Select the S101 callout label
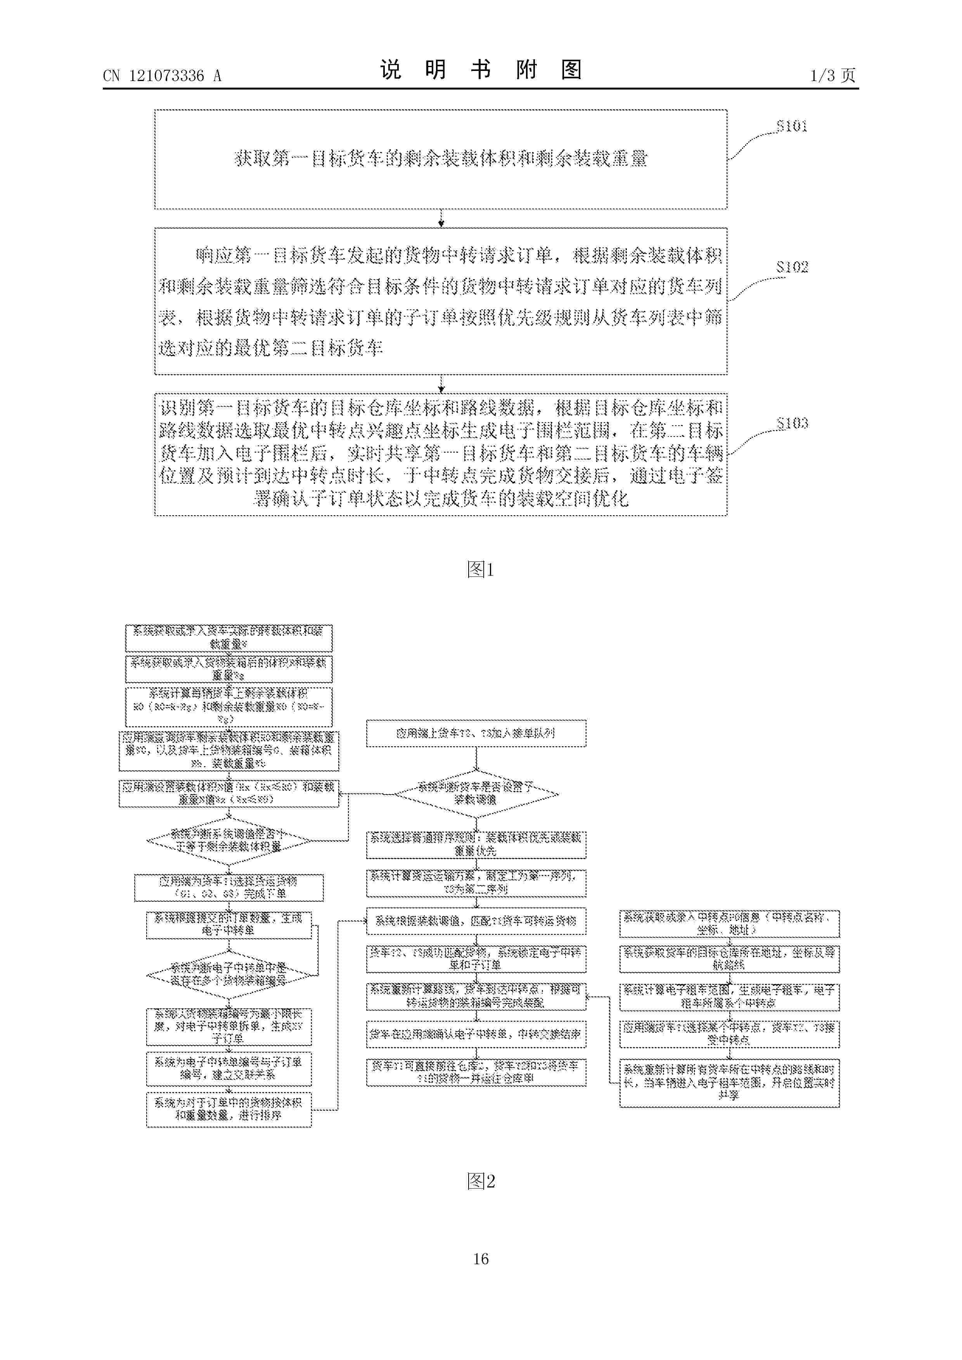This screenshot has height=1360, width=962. click(x=792, y=126)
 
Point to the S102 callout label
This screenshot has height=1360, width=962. click(x=792, y=267)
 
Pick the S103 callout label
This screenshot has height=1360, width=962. click(x=792, y=423)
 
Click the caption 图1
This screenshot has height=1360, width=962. click(x=481, y=570)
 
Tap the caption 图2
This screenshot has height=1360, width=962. click(x=481, y=1182)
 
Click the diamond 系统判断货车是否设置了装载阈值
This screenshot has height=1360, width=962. click(x=476, y=793)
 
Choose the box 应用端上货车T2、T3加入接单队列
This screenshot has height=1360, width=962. click(x=476, y=734)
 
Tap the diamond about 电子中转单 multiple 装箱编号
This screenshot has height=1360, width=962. click(x=229, y=974)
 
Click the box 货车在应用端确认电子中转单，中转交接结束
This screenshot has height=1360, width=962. click(x=476, y=1034)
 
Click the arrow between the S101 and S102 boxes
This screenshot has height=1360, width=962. click(x=441, y=219)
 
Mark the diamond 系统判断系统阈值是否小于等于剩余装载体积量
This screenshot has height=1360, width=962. click(x=229, y=841)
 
